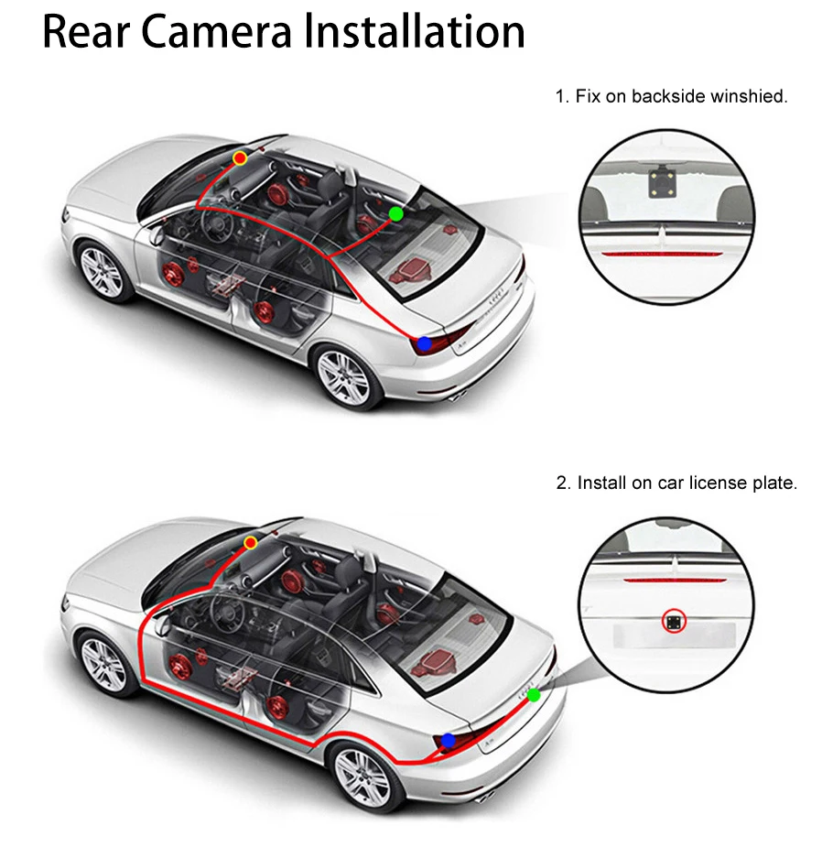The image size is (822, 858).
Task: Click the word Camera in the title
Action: click(x=217, y=32)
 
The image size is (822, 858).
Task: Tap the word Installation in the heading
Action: click(x=415, y=32)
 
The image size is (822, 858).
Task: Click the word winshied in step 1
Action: click(x=749, y=96)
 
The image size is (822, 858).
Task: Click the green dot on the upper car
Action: click(x=396, y=214)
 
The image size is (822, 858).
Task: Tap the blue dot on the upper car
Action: click(x=425, y=344)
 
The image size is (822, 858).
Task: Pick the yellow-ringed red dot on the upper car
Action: click(x=240, y=158)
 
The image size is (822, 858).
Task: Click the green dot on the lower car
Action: click(x=534, y=695)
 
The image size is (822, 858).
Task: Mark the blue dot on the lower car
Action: click(x=449, y=741)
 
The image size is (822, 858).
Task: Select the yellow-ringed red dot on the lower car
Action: click(x=251, y=543)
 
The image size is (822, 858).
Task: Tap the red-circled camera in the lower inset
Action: click(x=673, y=621)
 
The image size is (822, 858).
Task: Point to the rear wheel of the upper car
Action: click(x=344, y=377)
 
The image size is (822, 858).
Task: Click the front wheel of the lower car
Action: click(x=104, y=664)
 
